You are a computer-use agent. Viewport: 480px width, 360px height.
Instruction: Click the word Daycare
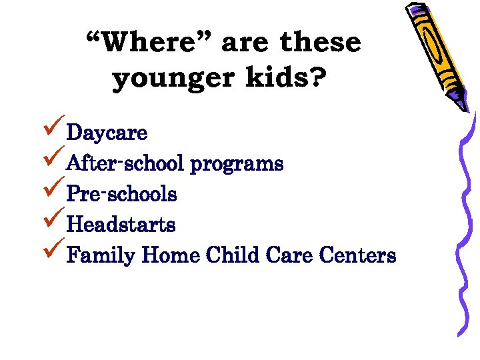[x=107, y=133]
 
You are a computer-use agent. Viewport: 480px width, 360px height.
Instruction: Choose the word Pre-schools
[x=122, y=194]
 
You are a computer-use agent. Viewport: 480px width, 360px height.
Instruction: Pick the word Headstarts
[x=121, y=225]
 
